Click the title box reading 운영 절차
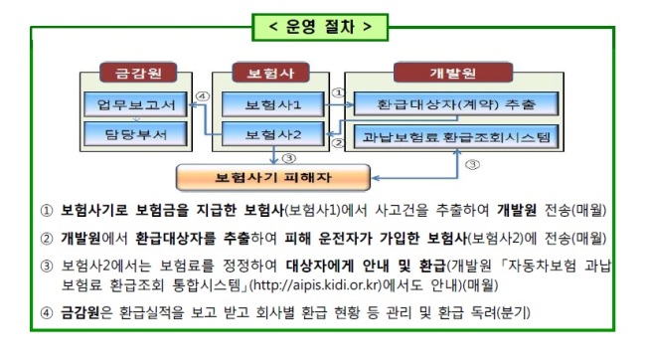pyautogui.click(x=320, y=27)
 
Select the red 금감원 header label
pyautogui.click(x=138, y=73)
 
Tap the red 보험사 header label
pyautogui.click(x=270, y=73)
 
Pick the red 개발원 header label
pyautogui.click(x=453, y=73)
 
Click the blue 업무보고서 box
pyautogui.click(x=135, y=104)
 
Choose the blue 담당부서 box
pyautogui.click(x=135, y=134)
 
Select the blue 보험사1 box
pyautogui.click(x=272, y=104)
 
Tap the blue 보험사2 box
pyautogui.click(x=272, y=134)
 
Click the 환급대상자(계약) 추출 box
pyautogui.click(x=456, y=103)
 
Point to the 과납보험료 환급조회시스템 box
pyautogui.click(x=456, y=136)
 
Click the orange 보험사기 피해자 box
pyautogui.click(x=272, y=178)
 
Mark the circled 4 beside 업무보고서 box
pyautogui.click(x=203, y=96)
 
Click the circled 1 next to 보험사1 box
pyautogui.click(x=338, y=92)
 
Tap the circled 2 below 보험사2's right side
pyautogui.click(x=338, y=143)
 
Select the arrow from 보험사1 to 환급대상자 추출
pyautogui.click(x=339, y=104)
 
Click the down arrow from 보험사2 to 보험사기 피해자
pyautogui.click(x=273, y=155)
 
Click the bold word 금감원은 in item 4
pyautogui.click(x=86, y=312)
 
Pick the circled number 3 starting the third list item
pyautogui.click(x=47, y=267)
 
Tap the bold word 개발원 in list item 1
pyautogui.click(x=517, y=210)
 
